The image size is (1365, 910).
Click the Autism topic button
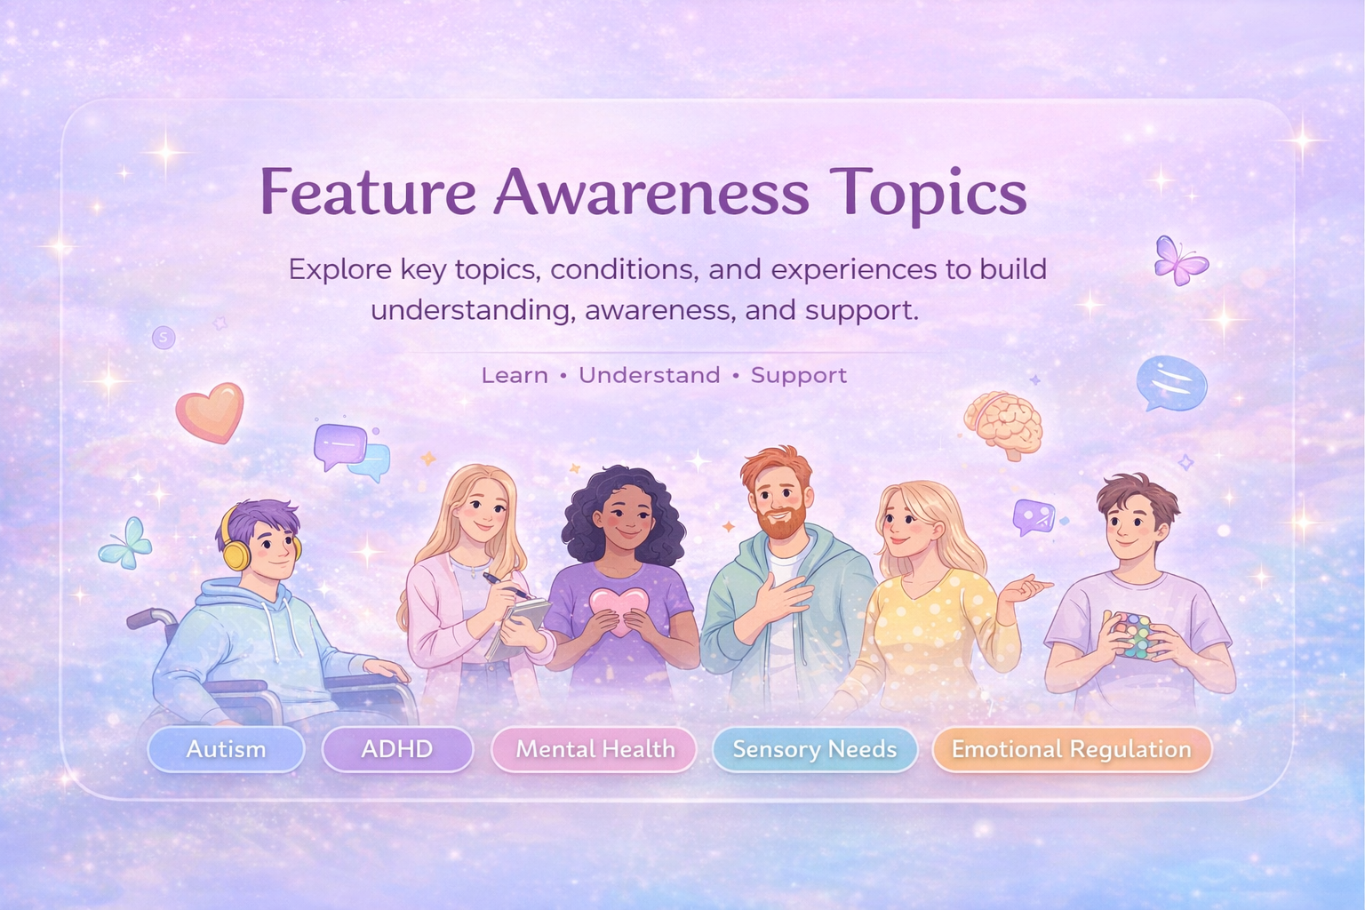click(226, 749)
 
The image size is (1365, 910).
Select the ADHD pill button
click(396, 749)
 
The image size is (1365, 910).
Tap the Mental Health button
click(595, 749)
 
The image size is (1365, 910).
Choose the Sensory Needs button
click(814, 749)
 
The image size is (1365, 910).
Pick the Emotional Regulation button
click(1071, 749)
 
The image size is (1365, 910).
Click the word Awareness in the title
click(651, 192)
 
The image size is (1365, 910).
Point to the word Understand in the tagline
click(649, 375)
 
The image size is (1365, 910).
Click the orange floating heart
click(209, 411)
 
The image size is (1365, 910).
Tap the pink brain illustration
click(1005, 423)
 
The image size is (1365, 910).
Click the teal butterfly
click(126, 542)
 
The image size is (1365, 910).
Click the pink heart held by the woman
click(619, 609)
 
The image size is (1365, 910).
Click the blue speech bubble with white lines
click(1171, 382)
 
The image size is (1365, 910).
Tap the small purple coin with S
click(164, 338)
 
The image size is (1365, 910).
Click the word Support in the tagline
click(798, 375)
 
